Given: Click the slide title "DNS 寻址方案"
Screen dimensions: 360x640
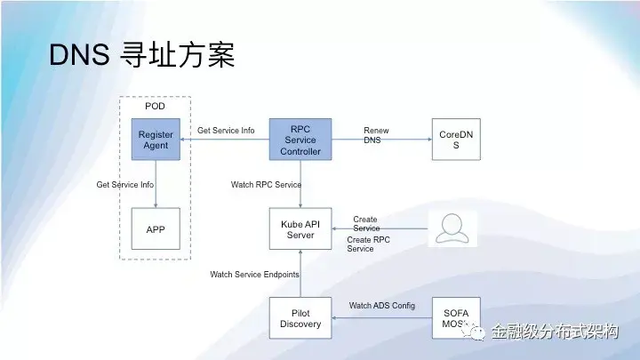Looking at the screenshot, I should [x=141, y=56].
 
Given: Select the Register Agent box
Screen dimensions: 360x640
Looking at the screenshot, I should [x=156, y=140].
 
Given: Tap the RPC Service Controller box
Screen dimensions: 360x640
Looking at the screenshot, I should [x=300, y=140].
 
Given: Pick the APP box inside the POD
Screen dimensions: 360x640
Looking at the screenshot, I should [x=156, y=228].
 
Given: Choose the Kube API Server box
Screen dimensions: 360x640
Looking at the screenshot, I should [x=300, y=228].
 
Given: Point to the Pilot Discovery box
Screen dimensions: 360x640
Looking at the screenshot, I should [x=300, y=318].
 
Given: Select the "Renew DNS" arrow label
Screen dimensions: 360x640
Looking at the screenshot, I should [x=376, y=135].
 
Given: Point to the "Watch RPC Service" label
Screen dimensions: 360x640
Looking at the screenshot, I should [x=266, y=185].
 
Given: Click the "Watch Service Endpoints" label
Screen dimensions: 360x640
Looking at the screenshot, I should [x=254, y=274].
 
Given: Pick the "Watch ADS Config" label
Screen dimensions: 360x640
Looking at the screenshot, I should [x=381, y=306].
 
